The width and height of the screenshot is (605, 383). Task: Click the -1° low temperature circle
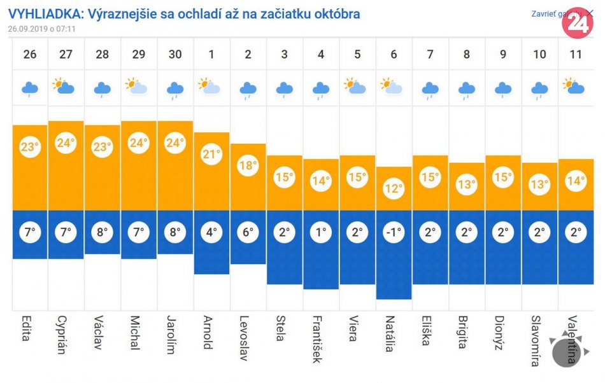click(x=394, y=232)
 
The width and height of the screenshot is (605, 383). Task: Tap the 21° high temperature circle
click(x=211, y=154)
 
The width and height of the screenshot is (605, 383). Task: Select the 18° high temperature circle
click(x=248, y=165)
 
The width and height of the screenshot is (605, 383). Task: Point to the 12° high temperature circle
click(x=394, y=188)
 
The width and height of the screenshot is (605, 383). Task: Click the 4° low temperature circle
click(x=211, y=232)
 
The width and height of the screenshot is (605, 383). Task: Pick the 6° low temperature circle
click(x=248, y=232)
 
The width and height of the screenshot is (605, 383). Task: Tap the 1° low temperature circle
click(x=321, y=232)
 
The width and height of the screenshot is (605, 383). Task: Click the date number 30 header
click(x=174, y=54)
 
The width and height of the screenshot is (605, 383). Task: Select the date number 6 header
click(x=394, y=54)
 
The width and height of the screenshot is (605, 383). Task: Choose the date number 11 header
click(x=576, y=54)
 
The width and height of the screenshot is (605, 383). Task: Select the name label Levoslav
click(x=244, y=338)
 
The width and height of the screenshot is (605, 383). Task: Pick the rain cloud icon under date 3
click(x=285, y=89)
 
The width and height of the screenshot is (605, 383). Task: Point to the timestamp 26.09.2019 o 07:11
click(x=42, y=29)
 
